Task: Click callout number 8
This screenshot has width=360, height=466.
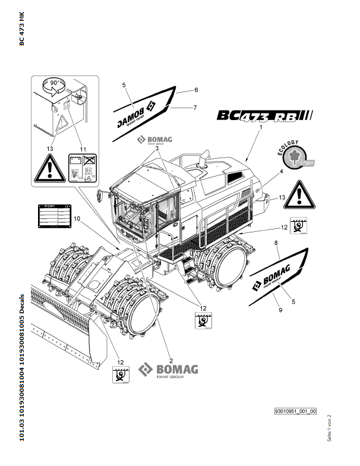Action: click(x=276, y=243)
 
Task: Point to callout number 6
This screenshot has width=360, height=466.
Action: click(x=195, y=90)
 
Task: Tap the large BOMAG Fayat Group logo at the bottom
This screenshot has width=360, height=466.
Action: click(x=168, y=370)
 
